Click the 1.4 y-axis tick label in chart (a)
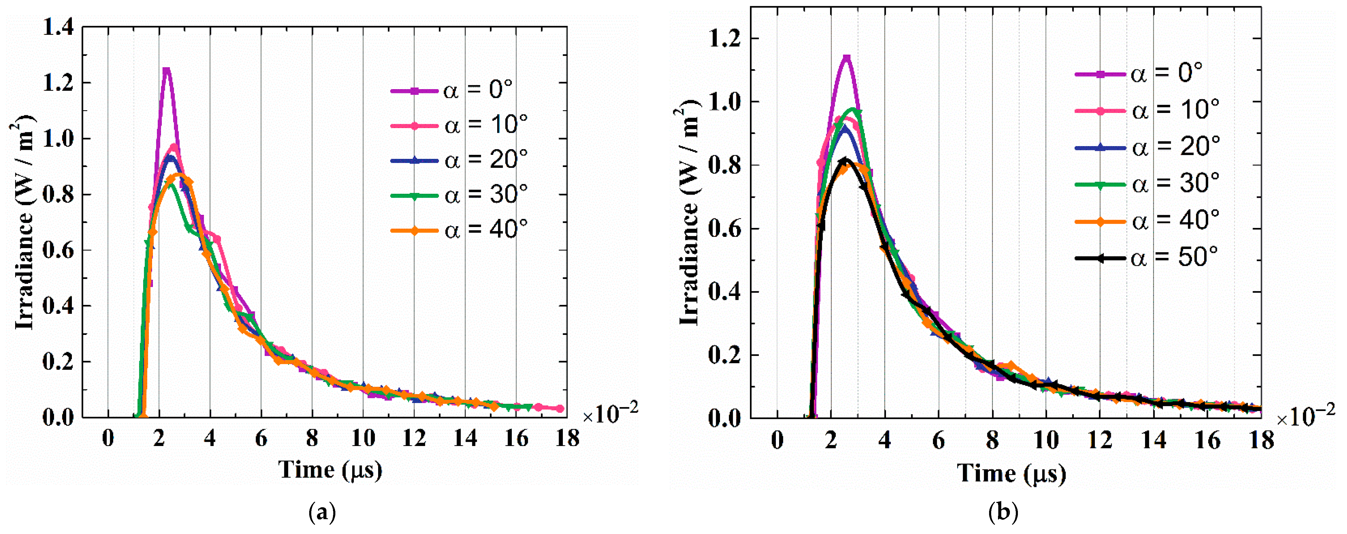58,27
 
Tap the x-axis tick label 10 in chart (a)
363,438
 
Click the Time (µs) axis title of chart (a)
330,470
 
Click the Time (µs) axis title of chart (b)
1011,474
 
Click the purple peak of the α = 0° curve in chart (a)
166,71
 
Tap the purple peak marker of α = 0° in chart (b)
847,58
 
